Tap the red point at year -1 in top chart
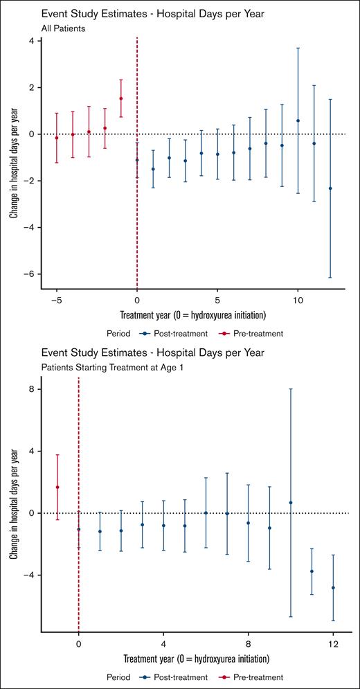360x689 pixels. point(121,98)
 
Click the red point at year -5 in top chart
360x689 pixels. point(57,138)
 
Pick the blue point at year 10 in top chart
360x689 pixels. point(298,120)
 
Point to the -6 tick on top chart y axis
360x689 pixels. point(31,274)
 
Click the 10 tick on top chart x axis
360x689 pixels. point(298,301)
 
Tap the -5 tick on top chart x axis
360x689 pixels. point(57,301)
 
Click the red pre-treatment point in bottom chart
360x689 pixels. point(57,487)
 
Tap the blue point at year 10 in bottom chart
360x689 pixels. point(291,503)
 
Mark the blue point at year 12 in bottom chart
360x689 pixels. point(333,588)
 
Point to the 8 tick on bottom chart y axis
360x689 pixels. point(31,389)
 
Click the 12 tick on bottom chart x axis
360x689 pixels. point(333,644)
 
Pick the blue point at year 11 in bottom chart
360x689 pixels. point(312,571)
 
